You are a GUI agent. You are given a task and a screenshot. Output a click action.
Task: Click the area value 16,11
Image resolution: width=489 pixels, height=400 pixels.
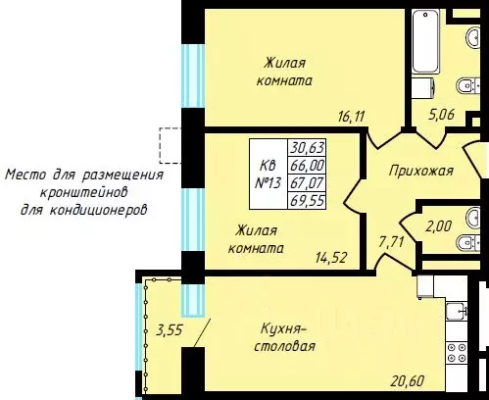click(351, 117)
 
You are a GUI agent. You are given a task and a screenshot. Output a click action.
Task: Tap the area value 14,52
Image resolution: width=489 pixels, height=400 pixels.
click(331, 258)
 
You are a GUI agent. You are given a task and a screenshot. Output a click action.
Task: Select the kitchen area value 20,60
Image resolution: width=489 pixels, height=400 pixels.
click(408, 380)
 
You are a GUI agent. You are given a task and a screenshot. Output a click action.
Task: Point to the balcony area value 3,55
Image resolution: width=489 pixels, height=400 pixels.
click(169, 329)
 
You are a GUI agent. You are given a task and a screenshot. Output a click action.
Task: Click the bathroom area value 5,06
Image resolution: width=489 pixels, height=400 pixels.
click(441, 115)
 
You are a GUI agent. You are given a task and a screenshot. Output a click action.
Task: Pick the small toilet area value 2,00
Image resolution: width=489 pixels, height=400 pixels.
click(438, 226)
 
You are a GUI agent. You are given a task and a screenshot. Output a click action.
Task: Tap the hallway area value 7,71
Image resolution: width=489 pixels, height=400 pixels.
click(391, 242)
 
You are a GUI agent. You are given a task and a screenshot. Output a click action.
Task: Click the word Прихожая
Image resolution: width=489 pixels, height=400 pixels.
click(421, 171)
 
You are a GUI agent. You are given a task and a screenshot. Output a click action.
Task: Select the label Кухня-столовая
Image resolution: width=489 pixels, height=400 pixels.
click(284, 337)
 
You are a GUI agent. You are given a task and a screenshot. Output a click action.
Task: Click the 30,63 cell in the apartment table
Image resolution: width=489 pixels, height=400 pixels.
click(307, 148)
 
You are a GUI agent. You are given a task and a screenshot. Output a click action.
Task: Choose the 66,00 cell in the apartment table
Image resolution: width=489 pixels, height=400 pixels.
click(307, 165)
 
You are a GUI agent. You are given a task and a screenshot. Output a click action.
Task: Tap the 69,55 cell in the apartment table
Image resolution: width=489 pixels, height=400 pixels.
click(307, 200)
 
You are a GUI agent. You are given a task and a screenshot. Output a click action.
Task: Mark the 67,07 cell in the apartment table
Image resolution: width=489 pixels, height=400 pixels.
click(307, 182)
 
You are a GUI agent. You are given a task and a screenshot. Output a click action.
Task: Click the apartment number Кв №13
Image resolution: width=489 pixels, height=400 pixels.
click(268, 174)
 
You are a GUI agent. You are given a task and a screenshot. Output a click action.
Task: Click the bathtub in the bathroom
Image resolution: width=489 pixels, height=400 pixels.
click(425, 41)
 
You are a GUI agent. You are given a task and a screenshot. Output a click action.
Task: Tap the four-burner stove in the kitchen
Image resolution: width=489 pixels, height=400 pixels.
click(457, 352)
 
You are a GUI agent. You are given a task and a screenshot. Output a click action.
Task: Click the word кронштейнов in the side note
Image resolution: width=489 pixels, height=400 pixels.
click(83, 192)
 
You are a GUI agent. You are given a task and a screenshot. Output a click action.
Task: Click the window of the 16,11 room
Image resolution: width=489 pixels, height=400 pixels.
click(193, 75)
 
